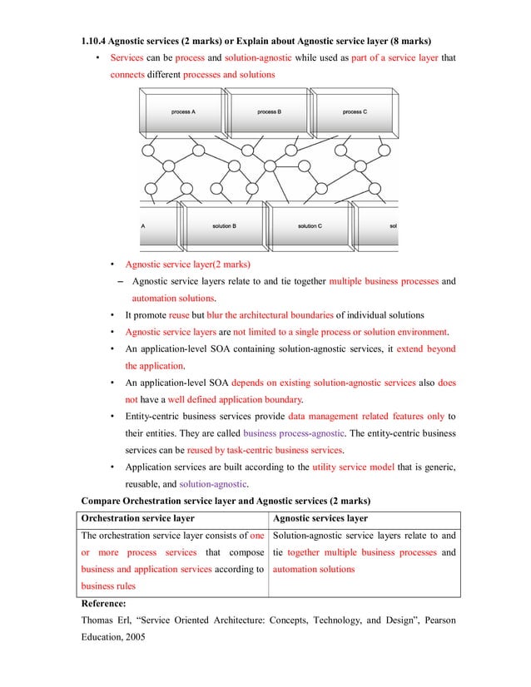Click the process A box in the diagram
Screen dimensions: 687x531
point(183,112)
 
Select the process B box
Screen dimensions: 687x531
point(268,112)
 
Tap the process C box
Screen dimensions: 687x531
point(354,112)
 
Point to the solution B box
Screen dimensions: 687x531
point(223,225)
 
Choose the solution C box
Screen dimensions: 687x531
point(309,225)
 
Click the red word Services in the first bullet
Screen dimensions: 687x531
point(127,58)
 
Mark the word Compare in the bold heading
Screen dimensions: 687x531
point(101,501)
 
